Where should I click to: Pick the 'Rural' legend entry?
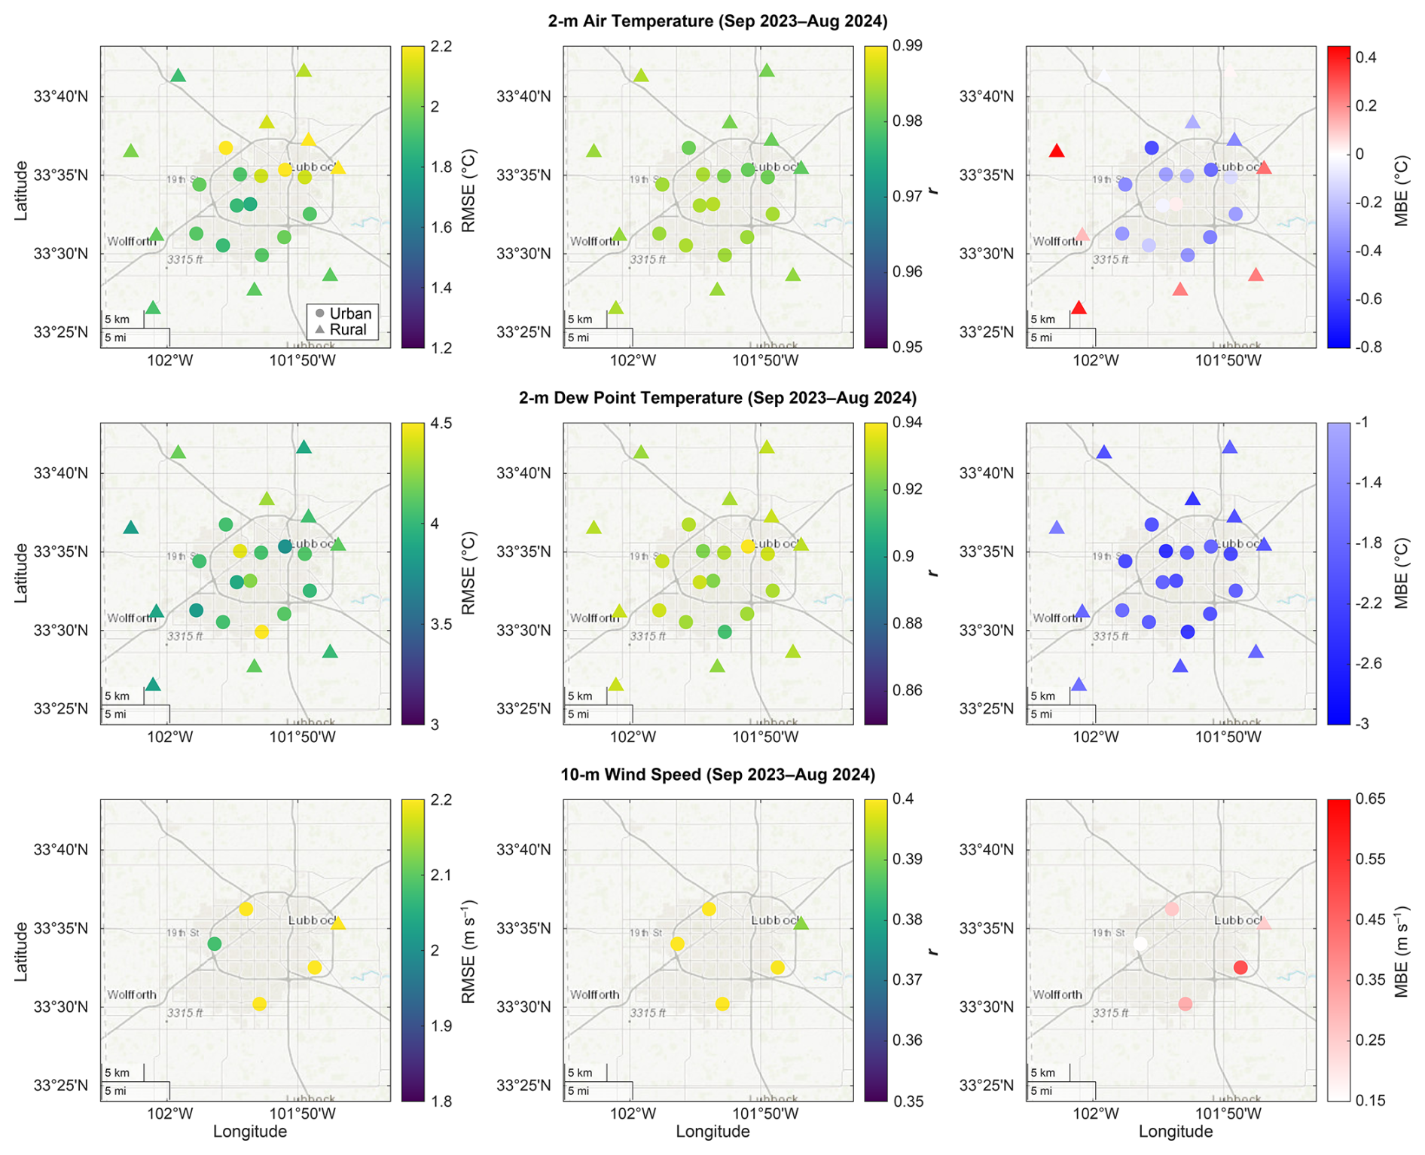tap(347, 330)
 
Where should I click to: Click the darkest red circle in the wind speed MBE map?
tap(1240, 967)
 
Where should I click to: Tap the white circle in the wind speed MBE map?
tap(1140, 944)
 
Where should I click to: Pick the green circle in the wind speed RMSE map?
tap(215, 944)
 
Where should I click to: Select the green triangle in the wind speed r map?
tap(801, 923)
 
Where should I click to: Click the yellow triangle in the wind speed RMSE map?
tap(338, 923)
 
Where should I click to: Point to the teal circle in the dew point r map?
tap(725, 632)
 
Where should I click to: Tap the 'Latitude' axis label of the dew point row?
tap(21, 573)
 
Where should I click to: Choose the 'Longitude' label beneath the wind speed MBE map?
tap(1175, 1132)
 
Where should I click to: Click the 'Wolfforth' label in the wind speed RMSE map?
tap(132, 995)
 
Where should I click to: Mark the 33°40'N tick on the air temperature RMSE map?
tap(60, 97)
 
